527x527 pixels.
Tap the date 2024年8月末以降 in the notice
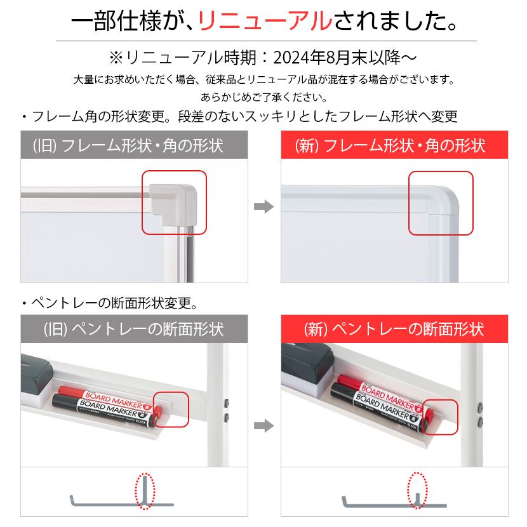point(336,58)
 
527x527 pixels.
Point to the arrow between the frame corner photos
point(263,207)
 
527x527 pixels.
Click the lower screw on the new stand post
point(481,421)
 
